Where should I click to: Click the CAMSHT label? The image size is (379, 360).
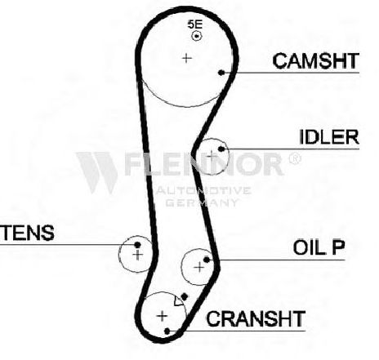click(x=315, y=60)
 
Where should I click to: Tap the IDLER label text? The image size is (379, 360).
click(x=329, y=137)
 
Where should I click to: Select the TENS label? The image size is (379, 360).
click(x=27, y=233)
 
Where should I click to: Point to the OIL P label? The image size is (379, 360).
click(x=319, y=247)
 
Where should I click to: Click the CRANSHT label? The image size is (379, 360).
click(x=256, y=318)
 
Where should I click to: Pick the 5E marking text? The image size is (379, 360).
click(x=195, y=24)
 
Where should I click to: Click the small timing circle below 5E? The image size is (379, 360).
click(x=196, y=36)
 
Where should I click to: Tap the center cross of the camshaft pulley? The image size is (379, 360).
click(x=186, y=58)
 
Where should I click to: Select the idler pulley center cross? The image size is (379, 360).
click(x=212, y=156)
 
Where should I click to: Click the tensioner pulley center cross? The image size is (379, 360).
click(x=138, y=255)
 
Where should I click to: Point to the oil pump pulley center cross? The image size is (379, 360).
click(x=199, y=267)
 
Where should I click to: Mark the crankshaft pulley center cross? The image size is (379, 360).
click(x=162, y=316)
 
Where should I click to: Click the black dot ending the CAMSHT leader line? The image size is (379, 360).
click(x=221, y=73)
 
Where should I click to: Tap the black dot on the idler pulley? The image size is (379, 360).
click(x=221, y=149)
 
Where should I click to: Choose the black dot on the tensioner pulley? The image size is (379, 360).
click(x=137, y=245)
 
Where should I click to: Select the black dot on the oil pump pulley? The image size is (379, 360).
click(x=207, y=260)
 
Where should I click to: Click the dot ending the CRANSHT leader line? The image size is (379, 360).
click(x=167, y=331)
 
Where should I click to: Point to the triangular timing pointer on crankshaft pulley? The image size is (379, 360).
click(x=178, y=300)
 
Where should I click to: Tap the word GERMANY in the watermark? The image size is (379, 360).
click(x=202, y=202)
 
